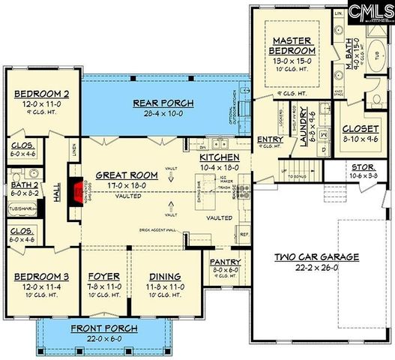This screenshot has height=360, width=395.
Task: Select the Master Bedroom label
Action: pos(293,45)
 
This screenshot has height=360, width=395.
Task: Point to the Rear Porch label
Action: pos(163,103)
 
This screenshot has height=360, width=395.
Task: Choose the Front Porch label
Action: pos(103,328)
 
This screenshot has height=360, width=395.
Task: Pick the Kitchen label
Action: pos(219,158)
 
